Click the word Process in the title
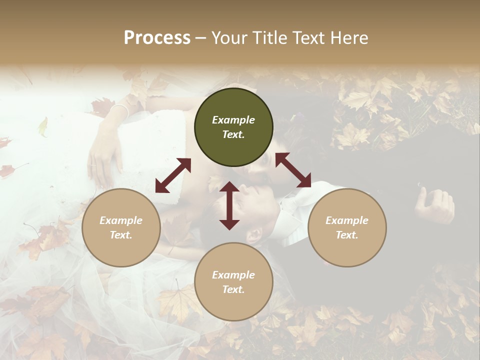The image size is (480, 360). click(x=157, y=38)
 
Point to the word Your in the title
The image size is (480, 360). click(x=229, y=38)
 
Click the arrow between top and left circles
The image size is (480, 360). click(x=173, y=175)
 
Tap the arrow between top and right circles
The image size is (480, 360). click(x=293, y=170)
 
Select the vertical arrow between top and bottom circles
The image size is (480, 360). click(x=229, y=205)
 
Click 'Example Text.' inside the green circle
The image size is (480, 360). click(x=233, y=127)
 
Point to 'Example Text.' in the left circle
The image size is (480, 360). click(x=121, y=227)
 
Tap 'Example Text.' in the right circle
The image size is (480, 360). click(x=347, y=227)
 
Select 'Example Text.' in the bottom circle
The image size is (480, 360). click(x=233, y=282)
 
